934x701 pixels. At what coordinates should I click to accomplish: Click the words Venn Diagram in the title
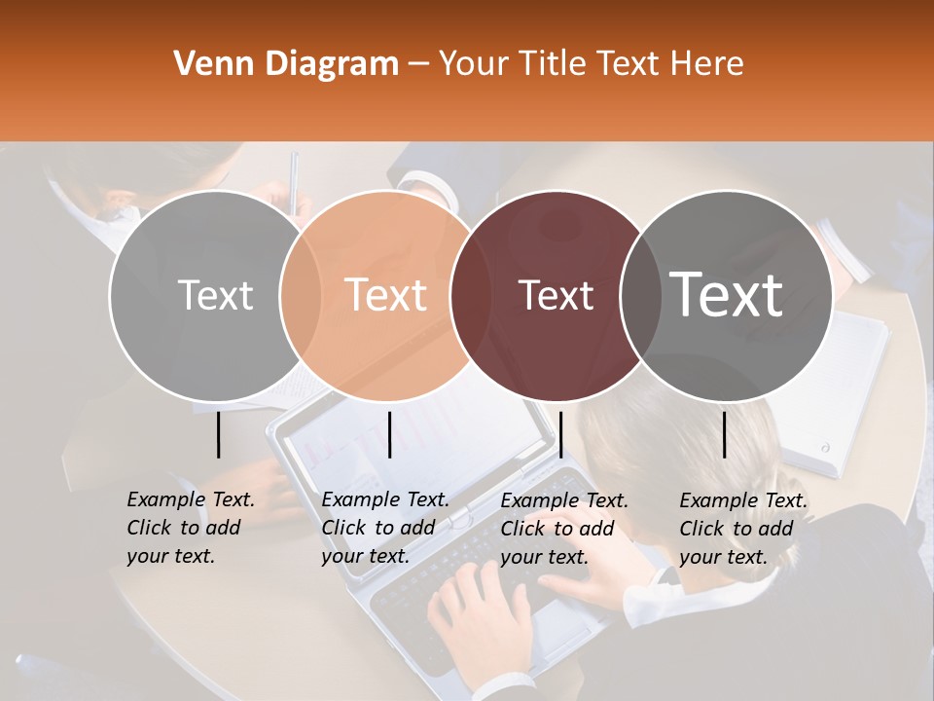click(285, 64)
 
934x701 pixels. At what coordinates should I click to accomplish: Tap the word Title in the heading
click(551, 64)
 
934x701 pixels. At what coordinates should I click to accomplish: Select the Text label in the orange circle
click(386, 294)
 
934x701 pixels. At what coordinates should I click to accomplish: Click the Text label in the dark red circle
click(556, 295)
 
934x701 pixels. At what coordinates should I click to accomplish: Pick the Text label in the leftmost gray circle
click(215, 295)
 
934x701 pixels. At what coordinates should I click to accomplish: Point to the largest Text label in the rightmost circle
click(727, 294)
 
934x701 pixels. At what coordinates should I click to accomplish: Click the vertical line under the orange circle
click(389, 434)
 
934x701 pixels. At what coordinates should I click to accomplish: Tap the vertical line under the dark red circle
click(560, 434)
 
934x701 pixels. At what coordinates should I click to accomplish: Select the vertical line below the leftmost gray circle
click(218, 434)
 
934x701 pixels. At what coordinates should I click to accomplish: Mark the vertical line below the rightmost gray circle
click(724, 434)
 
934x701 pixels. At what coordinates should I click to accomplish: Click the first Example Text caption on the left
click(190, 528)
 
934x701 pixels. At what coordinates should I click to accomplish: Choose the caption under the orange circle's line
click(384, 528)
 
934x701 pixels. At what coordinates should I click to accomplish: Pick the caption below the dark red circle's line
click(563, 529)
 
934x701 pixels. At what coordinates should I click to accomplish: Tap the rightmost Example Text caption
click(742, 529)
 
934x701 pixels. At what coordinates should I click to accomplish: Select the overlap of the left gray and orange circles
click(301, 295)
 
